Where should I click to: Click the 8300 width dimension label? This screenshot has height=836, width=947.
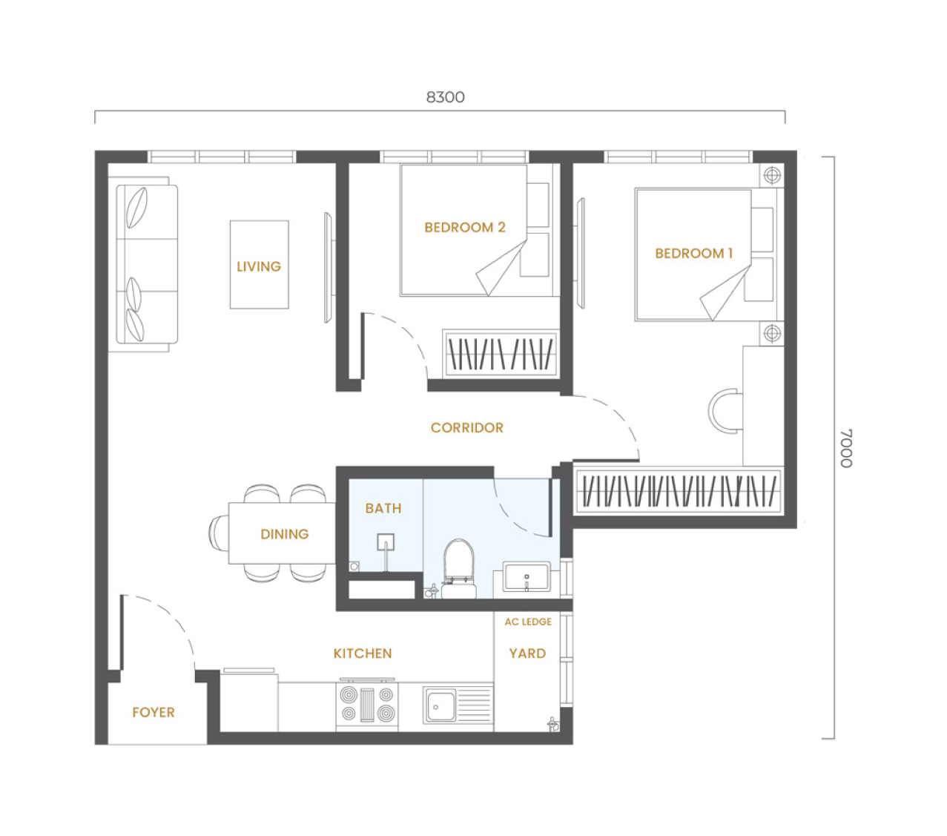tap(445, 96)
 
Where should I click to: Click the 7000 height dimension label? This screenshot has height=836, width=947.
tap(846, 448)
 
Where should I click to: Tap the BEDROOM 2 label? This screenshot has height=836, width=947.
tap(465, 227)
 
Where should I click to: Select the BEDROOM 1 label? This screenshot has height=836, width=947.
tap(693, 254)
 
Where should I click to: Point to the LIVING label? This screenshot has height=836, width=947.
tap(259, 266)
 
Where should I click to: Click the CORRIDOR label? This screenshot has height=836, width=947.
tap(467, 427)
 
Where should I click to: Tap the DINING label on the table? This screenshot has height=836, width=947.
tap(284, 534)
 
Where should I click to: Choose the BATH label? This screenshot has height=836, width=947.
tap(383, 508)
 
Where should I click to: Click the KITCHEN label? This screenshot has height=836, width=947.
tap(362, 654)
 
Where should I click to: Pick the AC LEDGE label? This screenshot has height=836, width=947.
tap(528, 622)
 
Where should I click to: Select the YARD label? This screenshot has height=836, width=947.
tap(527, 654)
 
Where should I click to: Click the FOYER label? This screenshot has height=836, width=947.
tap(154, 712)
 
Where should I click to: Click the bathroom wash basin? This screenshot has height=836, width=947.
tap(527, 577)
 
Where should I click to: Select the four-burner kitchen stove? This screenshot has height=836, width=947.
tap(367, 704)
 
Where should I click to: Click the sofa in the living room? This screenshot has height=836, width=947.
tap(147, 264)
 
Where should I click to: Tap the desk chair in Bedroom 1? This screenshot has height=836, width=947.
tap(725, 411)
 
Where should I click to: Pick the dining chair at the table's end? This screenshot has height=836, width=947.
tap(219, 533)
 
